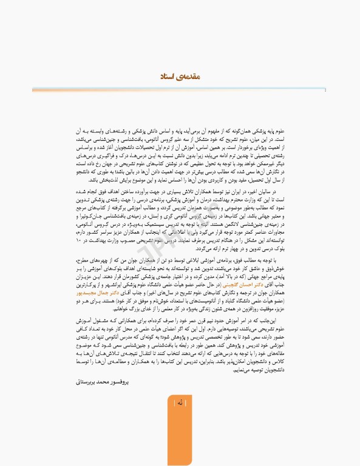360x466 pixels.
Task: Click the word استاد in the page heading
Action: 166,77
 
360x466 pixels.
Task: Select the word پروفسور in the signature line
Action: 123,383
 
